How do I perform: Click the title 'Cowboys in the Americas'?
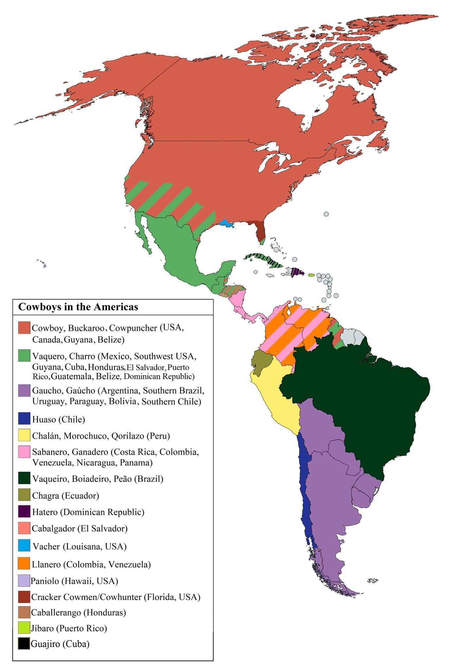click(x=78, y=307)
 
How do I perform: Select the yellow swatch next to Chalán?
click(x=24, y=435)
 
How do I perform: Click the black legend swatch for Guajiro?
click(x=24, y=644)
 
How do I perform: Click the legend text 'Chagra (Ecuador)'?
click(x=65, y=495)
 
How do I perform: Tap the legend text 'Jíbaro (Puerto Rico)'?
click(x=69, y=628)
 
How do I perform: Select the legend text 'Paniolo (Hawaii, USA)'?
click(x=74, y=581)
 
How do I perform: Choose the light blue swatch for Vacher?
click(x=24, y=546)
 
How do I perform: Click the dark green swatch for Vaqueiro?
click(x=24, y=479)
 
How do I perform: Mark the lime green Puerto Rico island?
click(x=311, y=275)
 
